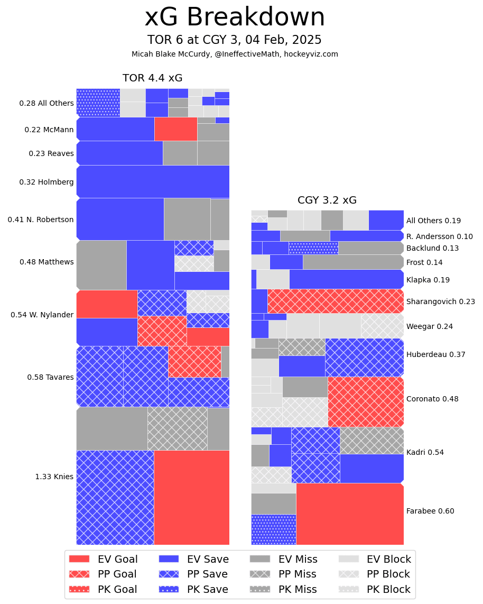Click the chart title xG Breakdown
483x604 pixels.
click(x=235, y=17)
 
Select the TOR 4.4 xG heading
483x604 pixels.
click(x=152, y=78)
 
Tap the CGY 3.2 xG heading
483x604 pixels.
click(x=327, y=200)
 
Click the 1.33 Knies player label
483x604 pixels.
click(x=54, y=477)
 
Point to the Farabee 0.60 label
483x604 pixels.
click(x=430, y=511)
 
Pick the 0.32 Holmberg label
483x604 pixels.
click(x=47, y=182)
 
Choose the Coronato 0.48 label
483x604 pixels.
click(x=432, y=399)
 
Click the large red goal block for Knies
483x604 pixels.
click(x=191, y=497)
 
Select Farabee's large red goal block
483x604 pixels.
click(x=350, y=514)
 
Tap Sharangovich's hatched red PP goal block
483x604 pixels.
click(x=336, y=301)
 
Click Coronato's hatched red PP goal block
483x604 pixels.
click(x=366, y=401)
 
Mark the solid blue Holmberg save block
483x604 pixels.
click(x=153, y=181)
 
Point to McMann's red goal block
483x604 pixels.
click(x=175, y=129)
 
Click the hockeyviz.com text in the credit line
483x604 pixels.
click(x=312, y=54)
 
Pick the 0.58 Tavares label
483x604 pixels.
click(x=51, y=377)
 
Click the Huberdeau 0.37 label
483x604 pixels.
click(x=435, y=354)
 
